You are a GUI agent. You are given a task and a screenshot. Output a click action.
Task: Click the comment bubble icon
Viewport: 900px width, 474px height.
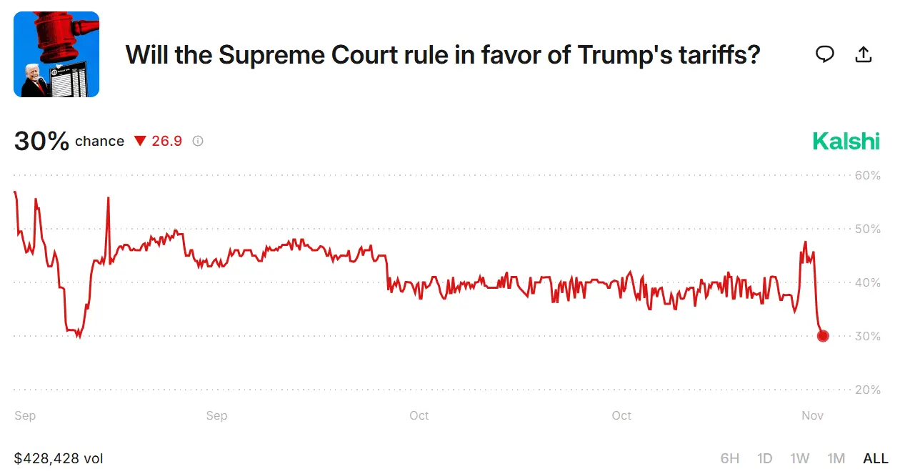point(825,54)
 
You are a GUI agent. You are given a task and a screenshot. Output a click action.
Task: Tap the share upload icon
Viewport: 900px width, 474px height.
point(864,54)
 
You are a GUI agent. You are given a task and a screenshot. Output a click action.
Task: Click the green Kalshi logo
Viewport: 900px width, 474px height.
point(846,141)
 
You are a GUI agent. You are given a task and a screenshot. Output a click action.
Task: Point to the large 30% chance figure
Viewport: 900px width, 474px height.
point(41,141)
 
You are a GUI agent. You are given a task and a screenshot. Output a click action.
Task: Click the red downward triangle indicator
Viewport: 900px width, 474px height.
point(140,141)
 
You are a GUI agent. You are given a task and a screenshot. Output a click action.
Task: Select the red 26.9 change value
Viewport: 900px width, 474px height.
point(166,141)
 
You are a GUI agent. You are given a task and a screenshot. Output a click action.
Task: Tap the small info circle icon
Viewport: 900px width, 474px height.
point(198,141)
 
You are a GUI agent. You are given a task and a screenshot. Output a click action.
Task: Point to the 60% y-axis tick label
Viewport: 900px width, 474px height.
point(867,175)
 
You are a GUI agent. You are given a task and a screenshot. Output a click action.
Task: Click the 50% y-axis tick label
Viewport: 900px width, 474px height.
point(867,229)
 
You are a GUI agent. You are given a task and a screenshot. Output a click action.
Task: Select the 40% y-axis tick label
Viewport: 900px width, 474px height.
point(867,282)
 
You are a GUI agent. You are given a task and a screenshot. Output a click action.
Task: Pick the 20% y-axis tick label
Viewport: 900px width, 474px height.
point(867,390)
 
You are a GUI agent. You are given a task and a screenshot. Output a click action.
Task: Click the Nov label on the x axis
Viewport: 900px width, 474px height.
point(812,415)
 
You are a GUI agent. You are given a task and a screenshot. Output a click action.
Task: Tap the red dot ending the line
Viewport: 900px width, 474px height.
point(822,335)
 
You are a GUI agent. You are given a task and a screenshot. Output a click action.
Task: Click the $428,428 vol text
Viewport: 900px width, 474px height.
point(59,458)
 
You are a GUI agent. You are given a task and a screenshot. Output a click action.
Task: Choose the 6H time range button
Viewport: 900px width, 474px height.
point(729,458)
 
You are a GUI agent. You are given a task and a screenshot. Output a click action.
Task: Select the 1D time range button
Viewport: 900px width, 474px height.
point(764,458)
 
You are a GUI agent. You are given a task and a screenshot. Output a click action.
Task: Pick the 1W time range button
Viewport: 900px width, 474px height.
point(799,458)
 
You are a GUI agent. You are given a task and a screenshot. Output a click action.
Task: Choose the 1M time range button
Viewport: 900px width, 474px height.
point(836,458)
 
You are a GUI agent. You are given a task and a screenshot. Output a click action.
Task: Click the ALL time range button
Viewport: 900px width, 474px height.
point(876,458)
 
